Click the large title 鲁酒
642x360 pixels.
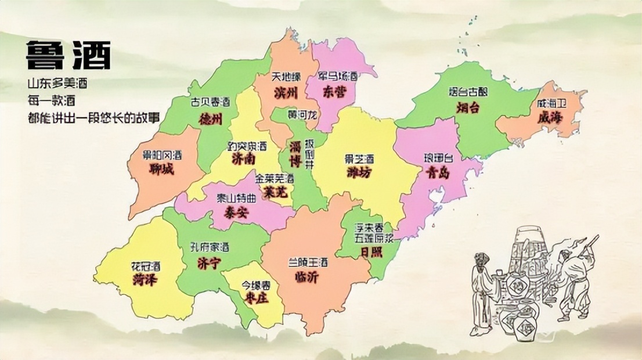pyautogui.click(x=68, y=56)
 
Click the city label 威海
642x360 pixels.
pyautogui.click(x=550, y=117)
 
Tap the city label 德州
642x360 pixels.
pyautogui.click(x=211, y=118)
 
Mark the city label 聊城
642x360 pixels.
pyautogui.click(x=162, y=170)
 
